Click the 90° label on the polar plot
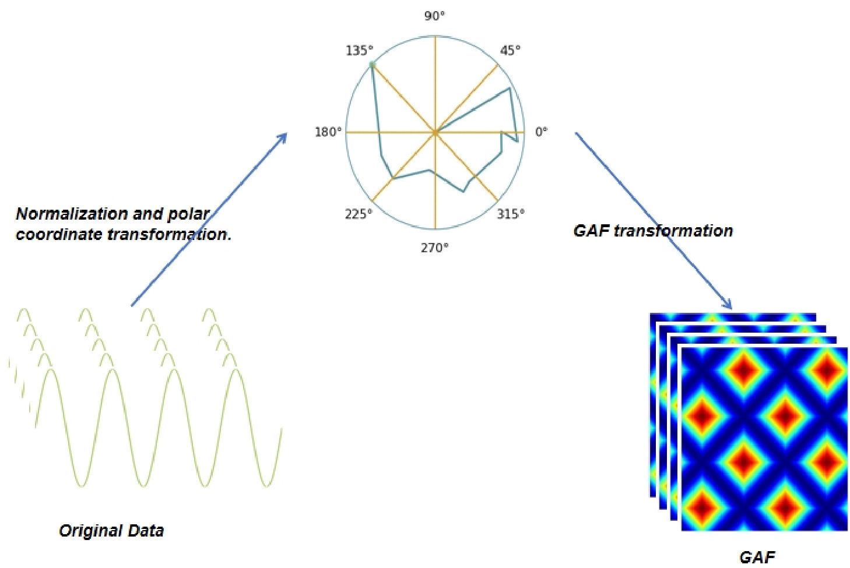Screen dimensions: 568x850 (434, 16)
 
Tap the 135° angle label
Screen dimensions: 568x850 (359, 50)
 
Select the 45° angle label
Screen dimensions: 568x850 (510, 50)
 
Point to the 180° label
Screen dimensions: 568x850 (328, 132)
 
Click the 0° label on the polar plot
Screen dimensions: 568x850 (541, 132)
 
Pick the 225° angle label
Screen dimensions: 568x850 (358, 214)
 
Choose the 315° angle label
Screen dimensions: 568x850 (511, 214)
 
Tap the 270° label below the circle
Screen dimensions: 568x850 (435, 248)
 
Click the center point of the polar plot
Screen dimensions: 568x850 (435, 133)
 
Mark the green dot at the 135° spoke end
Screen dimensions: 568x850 (372, 64)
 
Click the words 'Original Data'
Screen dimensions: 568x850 (111, 531)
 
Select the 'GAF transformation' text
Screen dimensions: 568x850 (653, 231)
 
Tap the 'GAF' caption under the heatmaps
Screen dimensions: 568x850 (757, 558)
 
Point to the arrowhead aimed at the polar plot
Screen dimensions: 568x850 (283, 137)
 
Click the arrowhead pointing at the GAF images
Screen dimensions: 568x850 (728, 305)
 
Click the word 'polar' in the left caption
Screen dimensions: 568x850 (188, 214)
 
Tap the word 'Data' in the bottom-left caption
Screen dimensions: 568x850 (146, 531)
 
